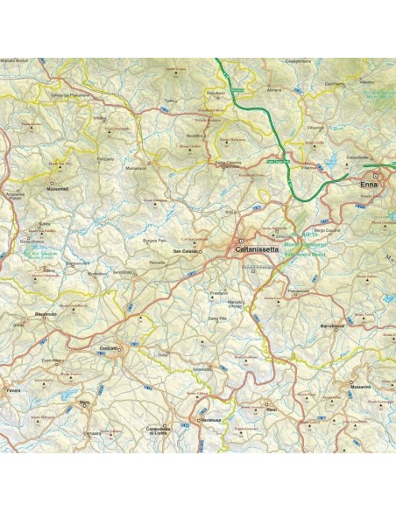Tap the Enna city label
click(370, 185)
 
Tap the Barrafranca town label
click(336, 325)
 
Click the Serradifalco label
click(123, 273)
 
